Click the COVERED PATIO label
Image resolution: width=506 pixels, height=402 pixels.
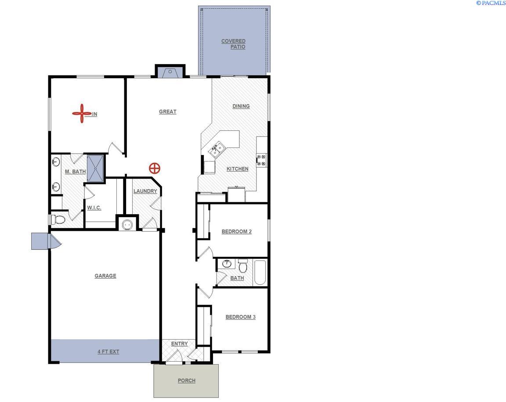[x=234, y=44]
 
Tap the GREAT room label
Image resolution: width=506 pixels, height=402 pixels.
[x=167, y=111]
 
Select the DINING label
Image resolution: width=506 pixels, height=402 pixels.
[x=241, y=106]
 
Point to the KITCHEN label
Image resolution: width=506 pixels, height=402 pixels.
[x=237, y=169]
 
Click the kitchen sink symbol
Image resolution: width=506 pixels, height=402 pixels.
[x=217, y=150]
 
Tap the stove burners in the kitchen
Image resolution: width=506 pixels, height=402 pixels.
[x=261, y=160]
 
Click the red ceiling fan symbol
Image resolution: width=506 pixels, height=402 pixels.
[x=81, y=114]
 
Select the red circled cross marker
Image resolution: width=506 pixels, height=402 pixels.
[x=154, y=168]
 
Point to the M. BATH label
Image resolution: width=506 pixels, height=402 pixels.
[x=75, y=171]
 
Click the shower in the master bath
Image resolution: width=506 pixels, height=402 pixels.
[x=95, y=168]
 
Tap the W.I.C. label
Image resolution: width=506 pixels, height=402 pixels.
[x=94, y=208]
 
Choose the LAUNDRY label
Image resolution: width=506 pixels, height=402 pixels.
[x=145, y=191]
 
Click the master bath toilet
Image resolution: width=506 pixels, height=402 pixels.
[x=58, y=219]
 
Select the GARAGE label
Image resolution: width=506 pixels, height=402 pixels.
[x=105, y=276]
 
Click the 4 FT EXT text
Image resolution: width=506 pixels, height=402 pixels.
[x=108, y=352]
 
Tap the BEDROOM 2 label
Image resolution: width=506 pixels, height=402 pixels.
[x=236, y=231]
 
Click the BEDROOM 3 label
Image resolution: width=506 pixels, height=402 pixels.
[x=240, y=317]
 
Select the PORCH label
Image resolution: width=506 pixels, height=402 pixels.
[x=186, y=380]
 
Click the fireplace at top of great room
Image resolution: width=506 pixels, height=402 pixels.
[x=170, y=72]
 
